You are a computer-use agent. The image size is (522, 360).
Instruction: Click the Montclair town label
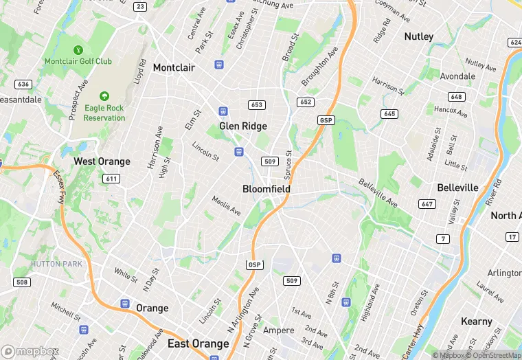174,67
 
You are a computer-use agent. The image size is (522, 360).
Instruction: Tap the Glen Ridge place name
243,126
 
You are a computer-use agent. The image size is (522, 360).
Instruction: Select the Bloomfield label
266,189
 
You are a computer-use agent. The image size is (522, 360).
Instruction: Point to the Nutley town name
419,36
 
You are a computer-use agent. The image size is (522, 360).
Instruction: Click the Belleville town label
457,188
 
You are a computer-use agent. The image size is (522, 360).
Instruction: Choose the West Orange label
102,161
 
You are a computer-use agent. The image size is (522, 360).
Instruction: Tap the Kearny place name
477,322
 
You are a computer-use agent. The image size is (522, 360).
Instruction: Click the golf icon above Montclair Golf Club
78,50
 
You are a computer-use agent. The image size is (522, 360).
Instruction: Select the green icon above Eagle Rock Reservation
104,97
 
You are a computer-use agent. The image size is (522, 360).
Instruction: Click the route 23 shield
141,6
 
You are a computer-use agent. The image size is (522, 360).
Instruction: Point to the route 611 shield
111,178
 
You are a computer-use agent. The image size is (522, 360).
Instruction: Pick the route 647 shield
427,204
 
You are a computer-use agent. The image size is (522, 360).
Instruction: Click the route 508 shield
22,282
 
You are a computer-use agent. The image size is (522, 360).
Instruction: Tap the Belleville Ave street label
377,192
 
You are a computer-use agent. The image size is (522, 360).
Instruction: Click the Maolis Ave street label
226,205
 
